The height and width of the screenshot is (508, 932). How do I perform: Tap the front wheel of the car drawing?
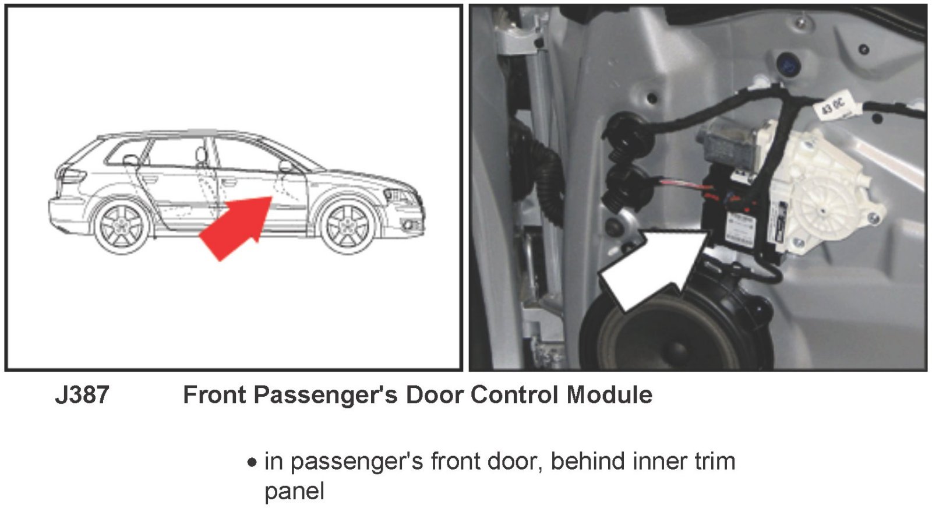348,227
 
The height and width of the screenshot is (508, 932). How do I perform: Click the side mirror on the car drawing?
286,166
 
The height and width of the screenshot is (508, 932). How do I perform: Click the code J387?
82,394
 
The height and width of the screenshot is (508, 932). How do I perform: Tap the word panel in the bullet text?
294,492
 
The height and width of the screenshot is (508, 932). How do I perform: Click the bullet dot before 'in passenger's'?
252,462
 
